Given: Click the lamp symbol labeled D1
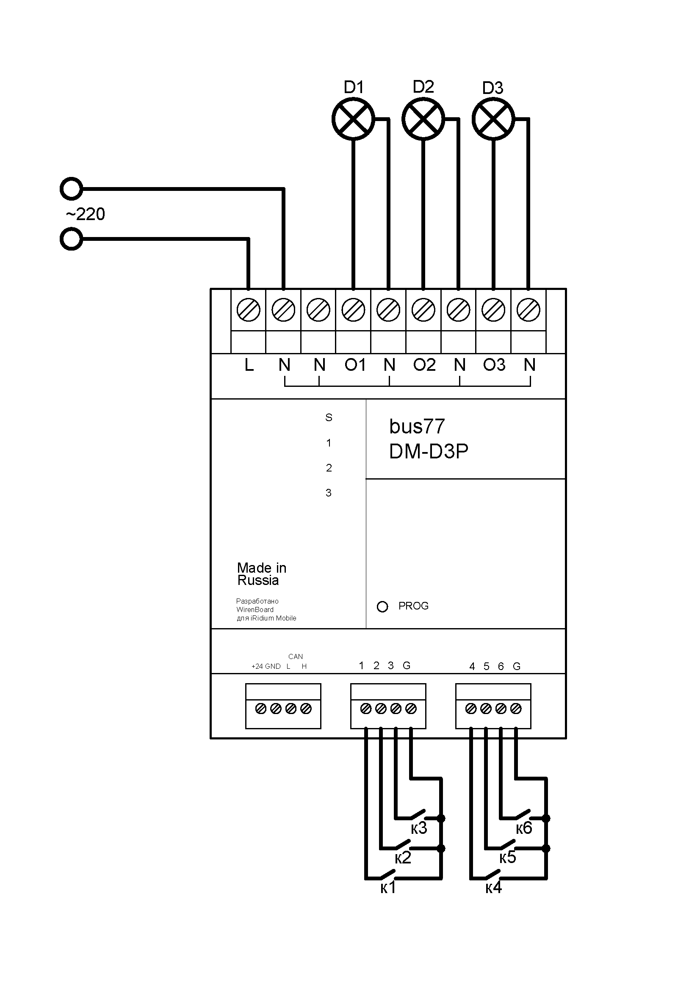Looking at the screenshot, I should [353, 119].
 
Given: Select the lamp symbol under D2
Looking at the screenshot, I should [423, 119].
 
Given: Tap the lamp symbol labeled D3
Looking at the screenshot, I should [493, 119].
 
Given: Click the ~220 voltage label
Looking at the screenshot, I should [86, 214].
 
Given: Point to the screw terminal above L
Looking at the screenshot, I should [249, 310].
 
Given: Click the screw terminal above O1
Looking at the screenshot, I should [353, 310].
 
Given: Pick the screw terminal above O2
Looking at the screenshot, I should [423, 310].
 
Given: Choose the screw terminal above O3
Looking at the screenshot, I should [493, 310].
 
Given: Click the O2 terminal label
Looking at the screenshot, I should [424, 365].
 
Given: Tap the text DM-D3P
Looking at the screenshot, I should [428, 452].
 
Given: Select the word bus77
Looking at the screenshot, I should [417, 427].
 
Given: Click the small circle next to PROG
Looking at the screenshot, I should [382, 607].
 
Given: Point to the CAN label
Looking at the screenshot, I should [296, 657].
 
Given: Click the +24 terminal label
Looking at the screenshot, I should [257, 666].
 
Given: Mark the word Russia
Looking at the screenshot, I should [258, 580].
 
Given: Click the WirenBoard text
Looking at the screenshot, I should [255, 609].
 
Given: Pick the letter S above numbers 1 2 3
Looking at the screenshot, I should [329, 417].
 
